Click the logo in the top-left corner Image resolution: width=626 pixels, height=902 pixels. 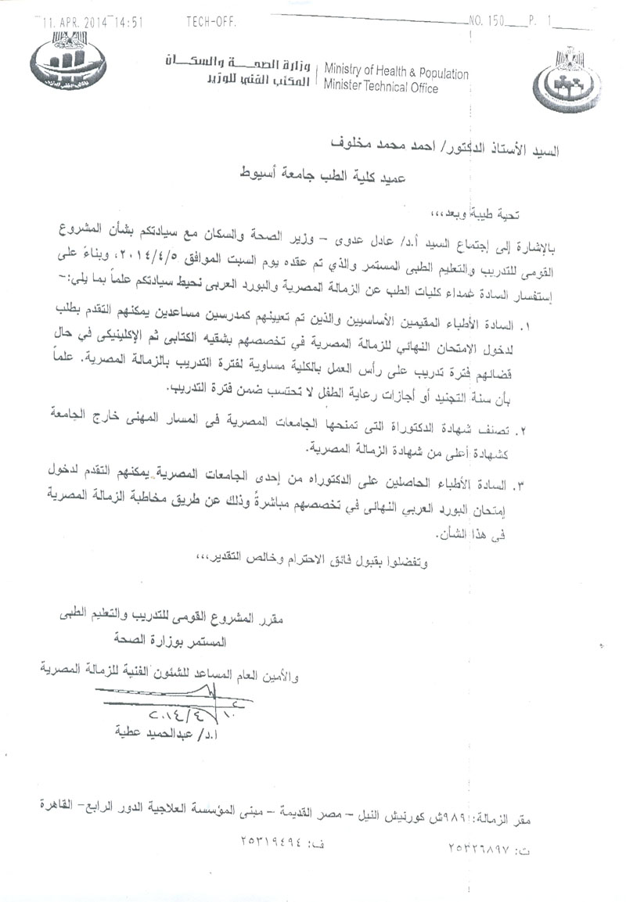pyautogui.click(x=66, y=64)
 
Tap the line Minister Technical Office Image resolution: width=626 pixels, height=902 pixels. pyautogui.click(x=381, y=88)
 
